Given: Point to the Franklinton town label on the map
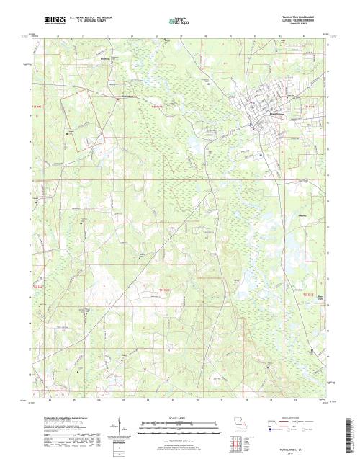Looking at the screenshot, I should coord(257,114).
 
